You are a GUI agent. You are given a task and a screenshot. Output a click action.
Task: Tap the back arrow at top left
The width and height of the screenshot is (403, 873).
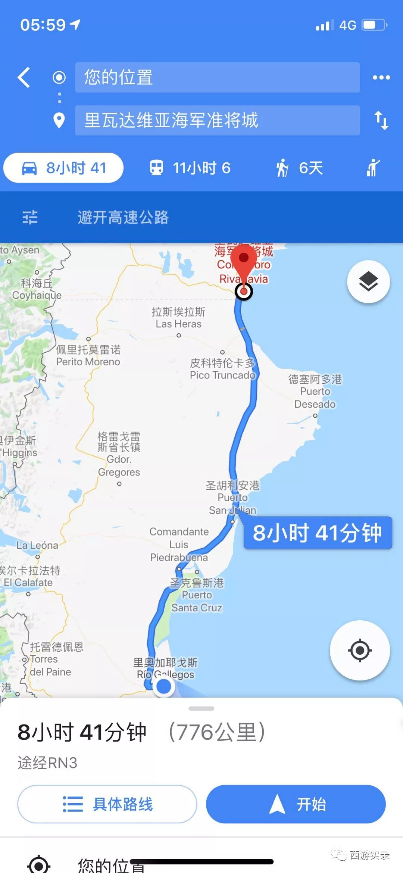[24, 78]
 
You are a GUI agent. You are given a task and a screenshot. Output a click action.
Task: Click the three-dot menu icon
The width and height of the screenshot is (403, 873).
[381, 78]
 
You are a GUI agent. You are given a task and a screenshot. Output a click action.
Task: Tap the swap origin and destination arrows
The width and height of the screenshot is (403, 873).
[381, 120]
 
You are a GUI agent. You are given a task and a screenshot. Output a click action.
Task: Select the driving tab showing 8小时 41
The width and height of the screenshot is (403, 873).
[63, 168]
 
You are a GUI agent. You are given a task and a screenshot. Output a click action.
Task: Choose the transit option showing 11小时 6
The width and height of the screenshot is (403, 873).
[190, 168]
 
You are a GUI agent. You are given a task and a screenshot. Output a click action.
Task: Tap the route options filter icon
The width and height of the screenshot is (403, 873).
[30, 217]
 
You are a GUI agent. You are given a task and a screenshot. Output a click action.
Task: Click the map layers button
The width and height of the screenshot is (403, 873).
[368, 281]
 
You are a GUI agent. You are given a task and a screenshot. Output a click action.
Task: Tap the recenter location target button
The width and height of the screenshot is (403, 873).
[360, 650]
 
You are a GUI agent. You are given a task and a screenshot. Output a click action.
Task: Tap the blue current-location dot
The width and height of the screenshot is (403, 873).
[163, 686]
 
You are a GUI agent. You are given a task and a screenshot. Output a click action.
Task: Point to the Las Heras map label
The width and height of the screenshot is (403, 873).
[178, 318]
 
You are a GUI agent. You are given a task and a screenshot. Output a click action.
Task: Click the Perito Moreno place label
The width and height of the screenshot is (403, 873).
[88, 356]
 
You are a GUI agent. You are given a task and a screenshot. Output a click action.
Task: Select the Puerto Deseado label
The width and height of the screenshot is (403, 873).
[315, 392]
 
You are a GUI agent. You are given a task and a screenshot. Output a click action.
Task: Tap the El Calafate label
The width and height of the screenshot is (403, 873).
[28, 577]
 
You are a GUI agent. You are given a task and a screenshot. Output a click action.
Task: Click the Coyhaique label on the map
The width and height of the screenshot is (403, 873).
[37, 289]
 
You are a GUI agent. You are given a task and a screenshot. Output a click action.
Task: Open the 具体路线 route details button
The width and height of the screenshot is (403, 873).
[107, 804]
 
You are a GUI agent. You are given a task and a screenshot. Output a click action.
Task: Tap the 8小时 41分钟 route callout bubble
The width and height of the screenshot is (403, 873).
[318, 533]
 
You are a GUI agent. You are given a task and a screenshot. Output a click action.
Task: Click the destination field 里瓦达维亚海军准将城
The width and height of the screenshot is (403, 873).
[217, 120]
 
